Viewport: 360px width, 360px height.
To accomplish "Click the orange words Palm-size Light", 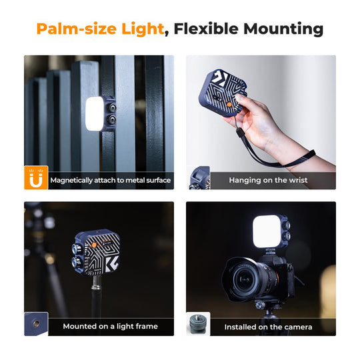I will click(99, 29).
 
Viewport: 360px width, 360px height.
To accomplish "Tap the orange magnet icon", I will click(36, 178).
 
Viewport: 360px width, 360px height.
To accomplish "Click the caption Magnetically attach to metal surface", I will click(110, 180).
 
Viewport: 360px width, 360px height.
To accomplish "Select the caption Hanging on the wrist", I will click(268, 180).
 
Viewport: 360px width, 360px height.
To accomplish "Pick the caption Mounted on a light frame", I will click(110, 326).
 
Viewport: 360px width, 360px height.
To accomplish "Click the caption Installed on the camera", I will click(268, 327).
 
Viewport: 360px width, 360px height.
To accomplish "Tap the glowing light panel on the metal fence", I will click(97, 111).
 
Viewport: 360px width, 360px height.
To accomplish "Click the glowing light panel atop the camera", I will click(267, 231).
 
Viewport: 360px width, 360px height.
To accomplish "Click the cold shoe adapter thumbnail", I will click(198, 324).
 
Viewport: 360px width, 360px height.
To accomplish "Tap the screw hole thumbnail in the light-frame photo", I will click(36, 324).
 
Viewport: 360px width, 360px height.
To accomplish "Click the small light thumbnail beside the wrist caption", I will click(198, 178).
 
